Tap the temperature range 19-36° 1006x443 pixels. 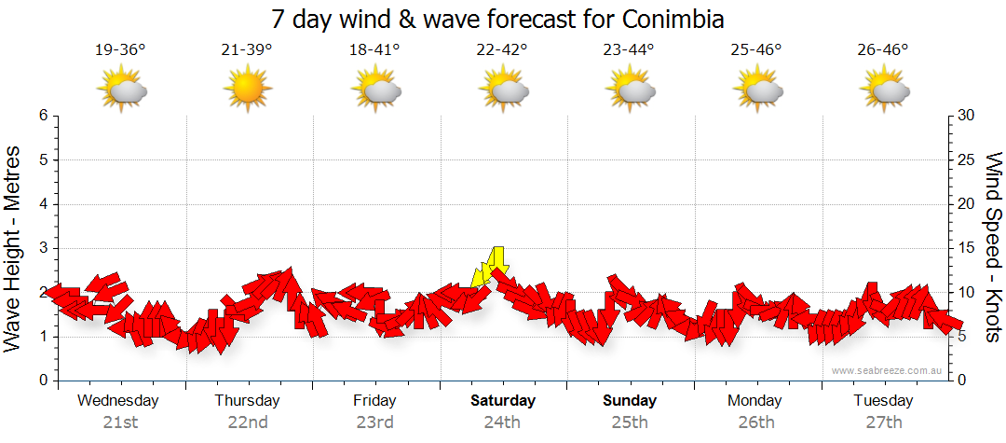pyautogui.click(x=120, y=50)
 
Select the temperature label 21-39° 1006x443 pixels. pyautogui.click(x=247, y=50)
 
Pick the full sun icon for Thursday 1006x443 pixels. pyautogui.click(x=247, y=90)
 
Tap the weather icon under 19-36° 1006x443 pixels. pyautogui.click(x=122, y=90)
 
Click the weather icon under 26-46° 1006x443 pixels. pyautogui.click(x=884, y=90)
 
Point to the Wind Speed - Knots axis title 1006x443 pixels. pyautogui.click(x=993, y=247)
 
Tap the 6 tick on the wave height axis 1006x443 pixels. pyautogui.click(x=42, y=116)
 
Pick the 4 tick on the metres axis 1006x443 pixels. pyautogui.click(x=42, y=204)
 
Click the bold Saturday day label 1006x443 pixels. pyautogui.click(x=502, y=401)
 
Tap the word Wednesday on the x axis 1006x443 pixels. pyautogui.click(x=118, y=401)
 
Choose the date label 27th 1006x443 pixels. pyautogui.click(x=883, y=422)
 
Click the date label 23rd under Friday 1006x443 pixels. pyautogui.click(x=374, y=422)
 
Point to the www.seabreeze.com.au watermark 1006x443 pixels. pyautogui.click(x=889, y=370)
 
